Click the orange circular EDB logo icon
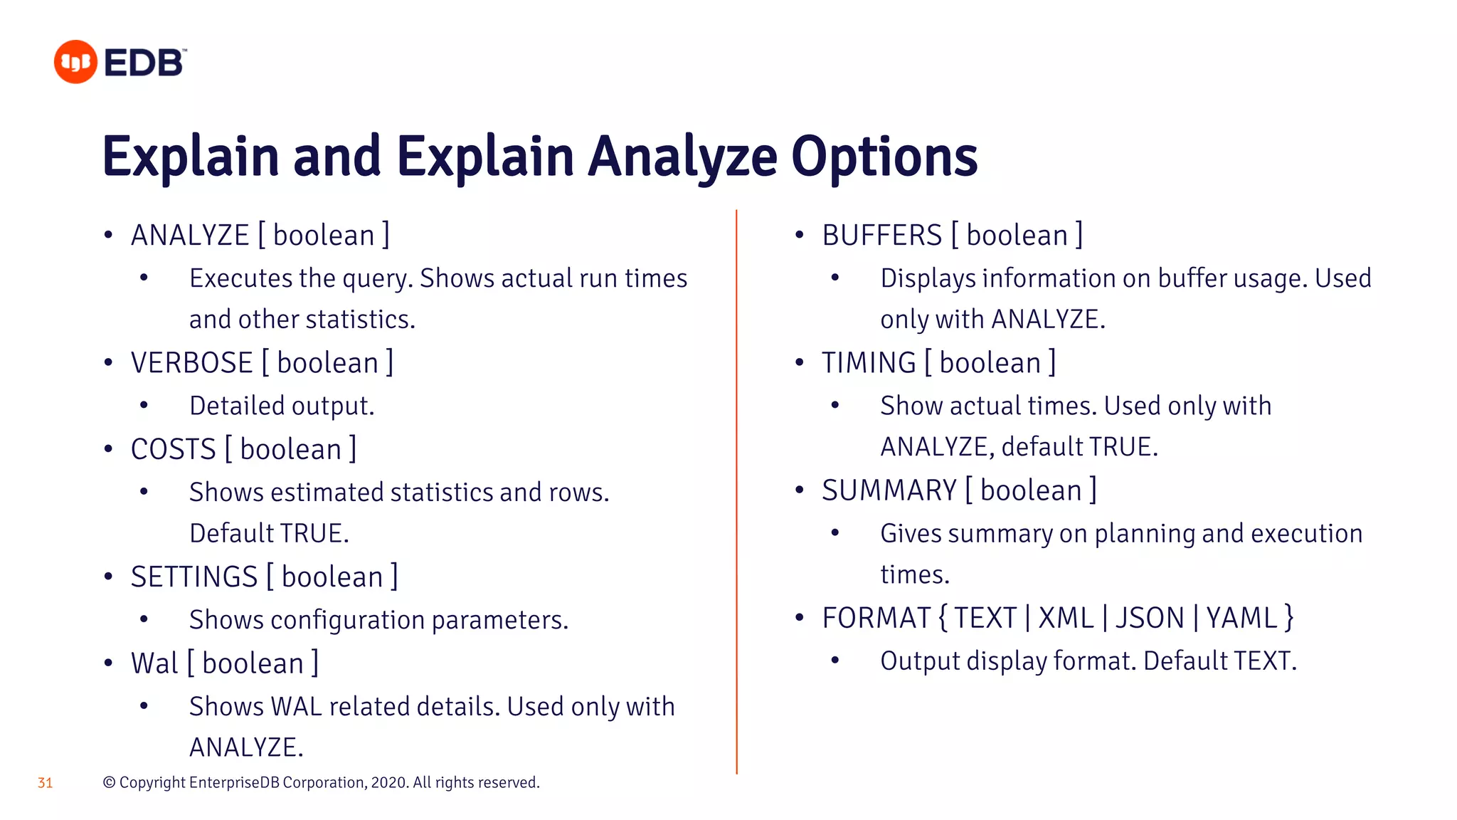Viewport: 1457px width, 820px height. pos(75,62)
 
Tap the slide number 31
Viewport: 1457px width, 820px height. pos(45,783)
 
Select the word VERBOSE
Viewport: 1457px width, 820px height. pos(192,363)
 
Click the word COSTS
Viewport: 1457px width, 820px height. pos(173,449)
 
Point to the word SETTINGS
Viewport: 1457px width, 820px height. pos(194,577)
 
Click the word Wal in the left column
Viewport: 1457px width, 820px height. pos(154,663)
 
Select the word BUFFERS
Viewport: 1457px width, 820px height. pos(882,236)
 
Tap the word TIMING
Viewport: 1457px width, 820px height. pos(869,363)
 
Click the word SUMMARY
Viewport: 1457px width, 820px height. pos(889,490)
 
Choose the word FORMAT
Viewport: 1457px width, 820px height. pos(876,618)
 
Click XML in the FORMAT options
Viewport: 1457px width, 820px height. pos(1066,618)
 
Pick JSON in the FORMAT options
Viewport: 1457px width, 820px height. pos(1149,618)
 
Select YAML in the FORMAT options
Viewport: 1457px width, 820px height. pos(1241,618)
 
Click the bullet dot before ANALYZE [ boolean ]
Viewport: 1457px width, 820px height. pos(108,236)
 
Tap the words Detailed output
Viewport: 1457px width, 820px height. pos(282,406)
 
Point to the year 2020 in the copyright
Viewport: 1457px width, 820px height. pos(389,782)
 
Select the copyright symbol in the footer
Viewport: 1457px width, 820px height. pos(109,782)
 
